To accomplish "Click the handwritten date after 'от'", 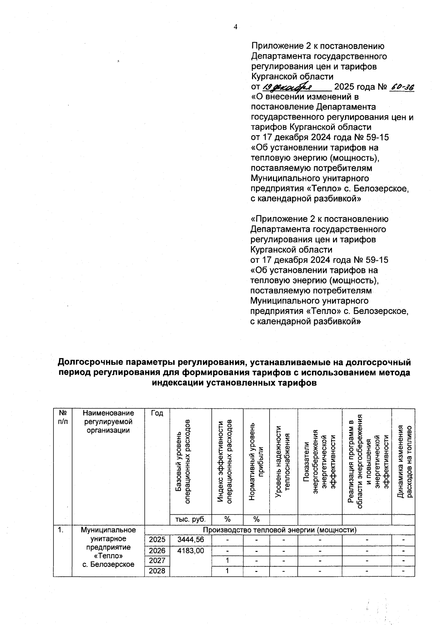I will coord(288,87).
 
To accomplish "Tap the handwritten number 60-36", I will coord(402,87).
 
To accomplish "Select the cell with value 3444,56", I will coord(190,540).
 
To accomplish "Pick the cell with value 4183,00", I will coord(190,551).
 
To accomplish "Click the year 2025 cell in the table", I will coord(157,540).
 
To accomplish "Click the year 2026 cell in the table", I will coord(157,551).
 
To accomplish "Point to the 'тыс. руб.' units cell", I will coord(190,519).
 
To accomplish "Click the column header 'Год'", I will coord(157,413).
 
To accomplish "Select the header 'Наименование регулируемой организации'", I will coord(108,422).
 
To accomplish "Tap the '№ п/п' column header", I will coord(63,417).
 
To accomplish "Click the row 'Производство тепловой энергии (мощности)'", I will coord(280,530).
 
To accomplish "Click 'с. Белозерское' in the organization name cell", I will coord(108,564).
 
